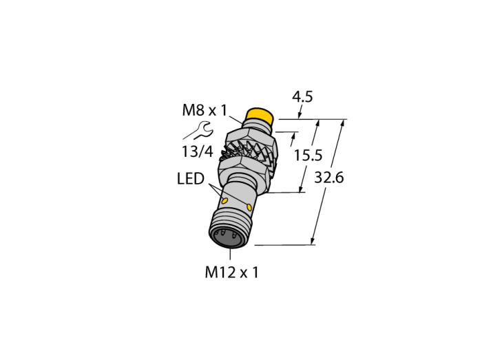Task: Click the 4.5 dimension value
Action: [302, 97]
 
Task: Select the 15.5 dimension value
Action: [308, 155]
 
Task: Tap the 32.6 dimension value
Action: [328, 178]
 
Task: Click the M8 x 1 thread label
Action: [204, 110]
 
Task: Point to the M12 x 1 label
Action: [231, 272]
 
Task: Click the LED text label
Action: [191, 178]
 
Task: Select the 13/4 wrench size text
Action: [198, 151]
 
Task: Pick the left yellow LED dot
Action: [224, 201]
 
